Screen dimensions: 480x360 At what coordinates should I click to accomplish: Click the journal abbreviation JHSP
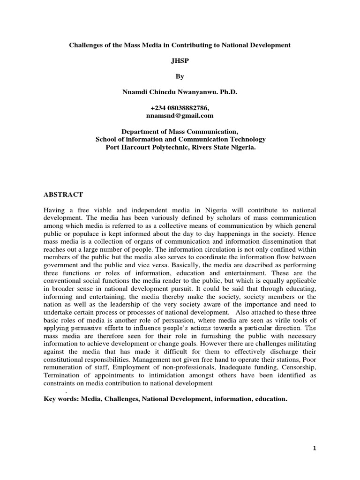pos(180,60)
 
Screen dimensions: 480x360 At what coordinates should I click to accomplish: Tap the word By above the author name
pos(180,76)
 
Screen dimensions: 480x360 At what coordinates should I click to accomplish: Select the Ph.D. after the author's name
pos(227,92)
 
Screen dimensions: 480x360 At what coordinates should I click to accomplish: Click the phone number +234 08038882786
pos(180,108)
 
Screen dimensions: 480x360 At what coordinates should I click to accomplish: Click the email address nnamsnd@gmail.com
pos(180,115)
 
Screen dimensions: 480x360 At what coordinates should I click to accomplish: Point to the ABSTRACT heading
pos(63,195)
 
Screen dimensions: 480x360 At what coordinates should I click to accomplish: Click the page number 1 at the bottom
pos(315,449)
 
